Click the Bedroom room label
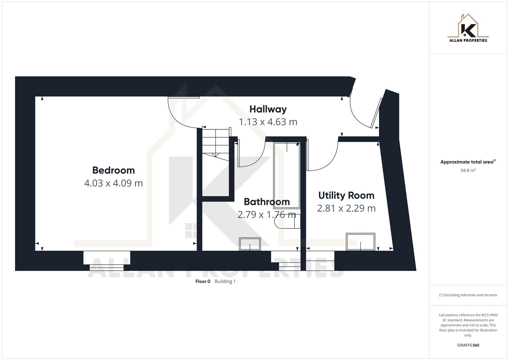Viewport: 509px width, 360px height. coord(113,170)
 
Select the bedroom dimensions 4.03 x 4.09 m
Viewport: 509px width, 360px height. coord(113,183)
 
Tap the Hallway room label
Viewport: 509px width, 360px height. coord(268,109)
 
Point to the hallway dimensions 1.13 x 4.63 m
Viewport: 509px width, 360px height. coord(268,122)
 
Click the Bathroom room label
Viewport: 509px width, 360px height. coord(266,202)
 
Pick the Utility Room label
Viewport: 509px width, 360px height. coord(346,195)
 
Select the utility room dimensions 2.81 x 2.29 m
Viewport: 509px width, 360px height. coord(346,208)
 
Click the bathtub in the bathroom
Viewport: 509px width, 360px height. coord(286,175)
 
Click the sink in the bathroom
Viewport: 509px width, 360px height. coord(250,244)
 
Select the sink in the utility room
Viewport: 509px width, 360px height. coord(360,242)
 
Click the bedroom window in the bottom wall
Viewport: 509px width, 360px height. coord(107,258)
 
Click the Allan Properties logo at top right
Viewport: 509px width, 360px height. coord(468,29)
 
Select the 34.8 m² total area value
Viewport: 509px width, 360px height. coord(468,170)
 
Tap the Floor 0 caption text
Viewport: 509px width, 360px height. coord(203,281)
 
